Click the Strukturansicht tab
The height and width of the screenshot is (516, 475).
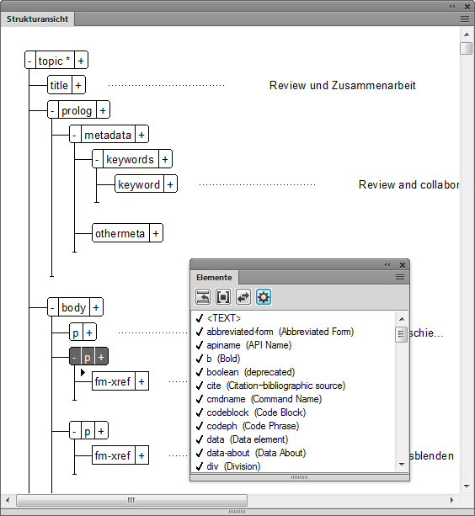(x=39, y=18)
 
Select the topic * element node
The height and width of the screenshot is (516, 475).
(x=55, y=61)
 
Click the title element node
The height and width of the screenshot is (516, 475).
(x=59, y=85)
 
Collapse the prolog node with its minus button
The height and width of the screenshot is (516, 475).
(x=52, y=110)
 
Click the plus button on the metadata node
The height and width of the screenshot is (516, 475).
(x=141, y=135)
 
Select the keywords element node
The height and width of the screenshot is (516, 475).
(x=130, y=159)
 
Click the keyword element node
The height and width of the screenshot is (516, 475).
(x=139, y=184)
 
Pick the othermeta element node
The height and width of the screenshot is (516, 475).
(x=120, y=233)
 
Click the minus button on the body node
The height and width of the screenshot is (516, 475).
(x=52, y=307)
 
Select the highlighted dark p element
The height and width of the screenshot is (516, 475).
(x=87, y=357)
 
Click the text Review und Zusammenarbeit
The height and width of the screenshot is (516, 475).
(x=342, y=86)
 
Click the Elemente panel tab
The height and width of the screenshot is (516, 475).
(x=214, y=277)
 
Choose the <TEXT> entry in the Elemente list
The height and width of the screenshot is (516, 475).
(x=224, y=318)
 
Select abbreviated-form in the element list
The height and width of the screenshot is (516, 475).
(x=280, y=332)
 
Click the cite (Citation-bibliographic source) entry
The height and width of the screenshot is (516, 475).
(x=275, y=386)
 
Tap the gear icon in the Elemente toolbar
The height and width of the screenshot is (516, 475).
(x=264, y=296)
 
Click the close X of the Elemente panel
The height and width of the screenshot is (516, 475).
(x=403, y=264)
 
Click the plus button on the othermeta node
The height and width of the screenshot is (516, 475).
(x=156, y=233)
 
